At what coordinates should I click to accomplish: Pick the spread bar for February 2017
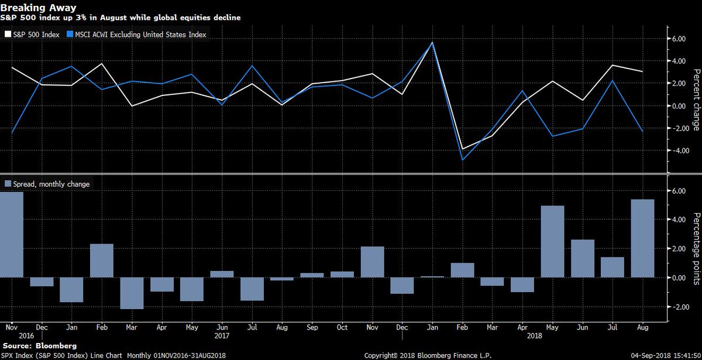(102, 260)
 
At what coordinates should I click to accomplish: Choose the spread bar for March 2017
(132, 293)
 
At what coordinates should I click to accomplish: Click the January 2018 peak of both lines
(432, 42)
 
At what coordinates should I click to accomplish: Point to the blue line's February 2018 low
(462, 160)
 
